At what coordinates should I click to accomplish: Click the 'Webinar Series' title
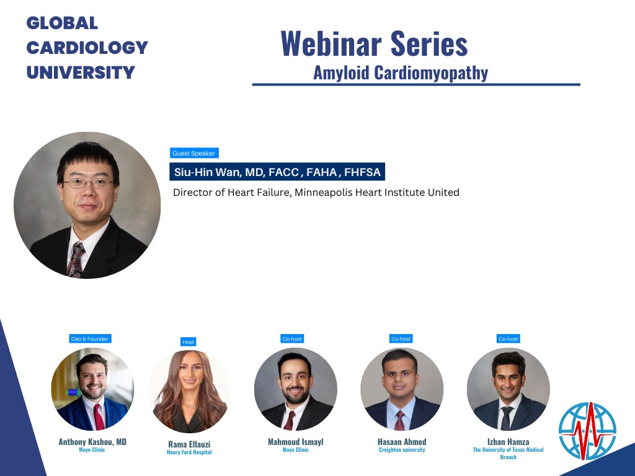[x=374, y=43]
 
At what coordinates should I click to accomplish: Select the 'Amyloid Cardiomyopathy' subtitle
[x=401, y=73]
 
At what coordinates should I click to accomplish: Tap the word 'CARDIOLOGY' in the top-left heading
[x=87, y=48]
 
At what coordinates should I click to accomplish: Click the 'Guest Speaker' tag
[x=194, y=153]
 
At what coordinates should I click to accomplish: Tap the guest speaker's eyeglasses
[x=89, y=183]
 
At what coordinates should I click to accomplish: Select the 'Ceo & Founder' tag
[x=90, y=339]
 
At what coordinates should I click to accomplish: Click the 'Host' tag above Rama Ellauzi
[x=188, y=342]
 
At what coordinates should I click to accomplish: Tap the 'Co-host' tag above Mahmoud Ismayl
[x=292, y=339]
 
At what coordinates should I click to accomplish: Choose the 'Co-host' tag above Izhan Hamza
[x=508, y=339]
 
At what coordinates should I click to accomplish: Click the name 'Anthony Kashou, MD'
[x=92, y=442]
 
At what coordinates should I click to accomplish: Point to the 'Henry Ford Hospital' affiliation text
[x=189, y=452]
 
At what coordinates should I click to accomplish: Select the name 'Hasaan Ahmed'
[x=402, y=442]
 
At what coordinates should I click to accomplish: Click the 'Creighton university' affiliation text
[x=402, y=450]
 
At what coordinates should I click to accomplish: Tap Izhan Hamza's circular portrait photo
[x=508, y=389]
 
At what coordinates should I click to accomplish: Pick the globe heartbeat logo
[x=587, y=431]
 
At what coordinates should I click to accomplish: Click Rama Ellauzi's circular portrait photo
[x=189, y=392]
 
